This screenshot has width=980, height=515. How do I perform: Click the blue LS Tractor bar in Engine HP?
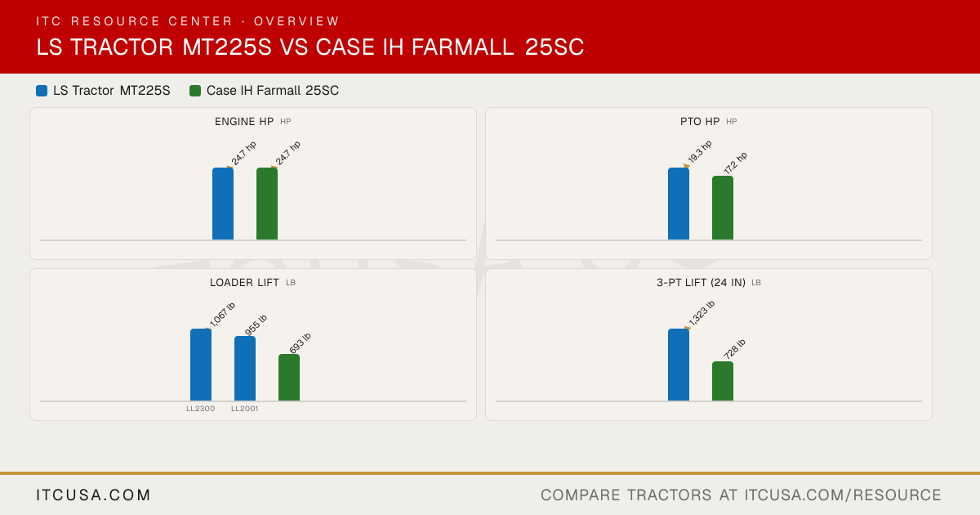coord(223,204)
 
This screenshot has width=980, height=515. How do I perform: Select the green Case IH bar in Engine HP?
coord(267,204)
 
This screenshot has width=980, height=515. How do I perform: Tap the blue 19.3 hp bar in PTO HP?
coord(679,204)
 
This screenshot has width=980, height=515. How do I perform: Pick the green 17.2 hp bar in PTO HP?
coord(723,208)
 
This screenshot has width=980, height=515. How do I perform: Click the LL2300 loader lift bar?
coord(201,365)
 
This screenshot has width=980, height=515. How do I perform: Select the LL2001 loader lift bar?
coord(245,369)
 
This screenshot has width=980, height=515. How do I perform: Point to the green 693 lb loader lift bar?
coord(289,378)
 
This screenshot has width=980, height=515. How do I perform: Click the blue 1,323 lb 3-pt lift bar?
coord(679,365)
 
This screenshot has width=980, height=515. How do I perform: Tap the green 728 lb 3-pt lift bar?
coord(723,381)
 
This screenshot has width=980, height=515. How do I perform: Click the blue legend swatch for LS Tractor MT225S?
coord(42,91)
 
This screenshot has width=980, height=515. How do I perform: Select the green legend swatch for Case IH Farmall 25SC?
coord(195,91)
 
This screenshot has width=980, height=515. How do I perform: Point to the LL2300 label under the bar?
coord(200,409)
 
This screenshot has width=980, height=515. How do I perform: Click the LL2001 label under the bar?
coord(244,409)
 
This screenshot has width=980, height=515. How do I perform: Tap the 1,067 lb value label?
coord(222,315)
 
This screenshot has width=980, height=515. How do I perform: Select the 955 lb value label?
coord(256,325)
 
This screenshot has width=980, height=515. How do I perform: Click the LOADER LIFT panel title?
coord(244,283)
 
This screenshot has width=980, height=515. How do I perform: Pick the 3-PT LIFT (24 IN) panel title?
coord(701,283)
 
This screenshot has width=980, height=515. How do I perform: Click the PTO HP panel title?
coord(700,121)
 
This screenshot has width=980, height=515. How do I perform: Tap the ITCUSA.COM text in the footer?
coord(93,495)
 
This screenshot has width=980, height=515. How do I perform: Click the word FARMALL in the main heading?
coord(463,47)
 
